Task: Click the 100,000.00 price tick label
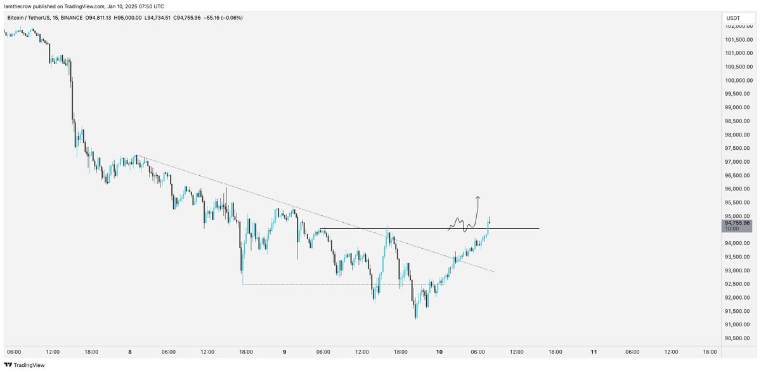(x=738, y=81)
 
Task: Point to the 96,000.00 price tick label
(x=738, y=189)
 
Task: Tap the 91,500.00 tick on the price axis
(x=738, y=311)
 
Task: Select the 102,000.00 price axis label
(x=738, y=27)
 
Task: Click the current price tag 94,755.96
(x=737, y=223)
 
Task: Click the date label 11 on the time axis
(x=594, y=352)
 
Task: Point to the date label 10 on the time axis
(x=439, y=352)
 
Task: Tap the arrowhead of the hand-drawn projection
(x=478, y=197)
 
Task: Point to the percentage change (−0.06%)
(x=231, y=17)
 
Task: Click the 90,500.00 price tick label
(x=738, y=338)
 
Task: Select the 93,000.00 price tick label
(x=738, y=270)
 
